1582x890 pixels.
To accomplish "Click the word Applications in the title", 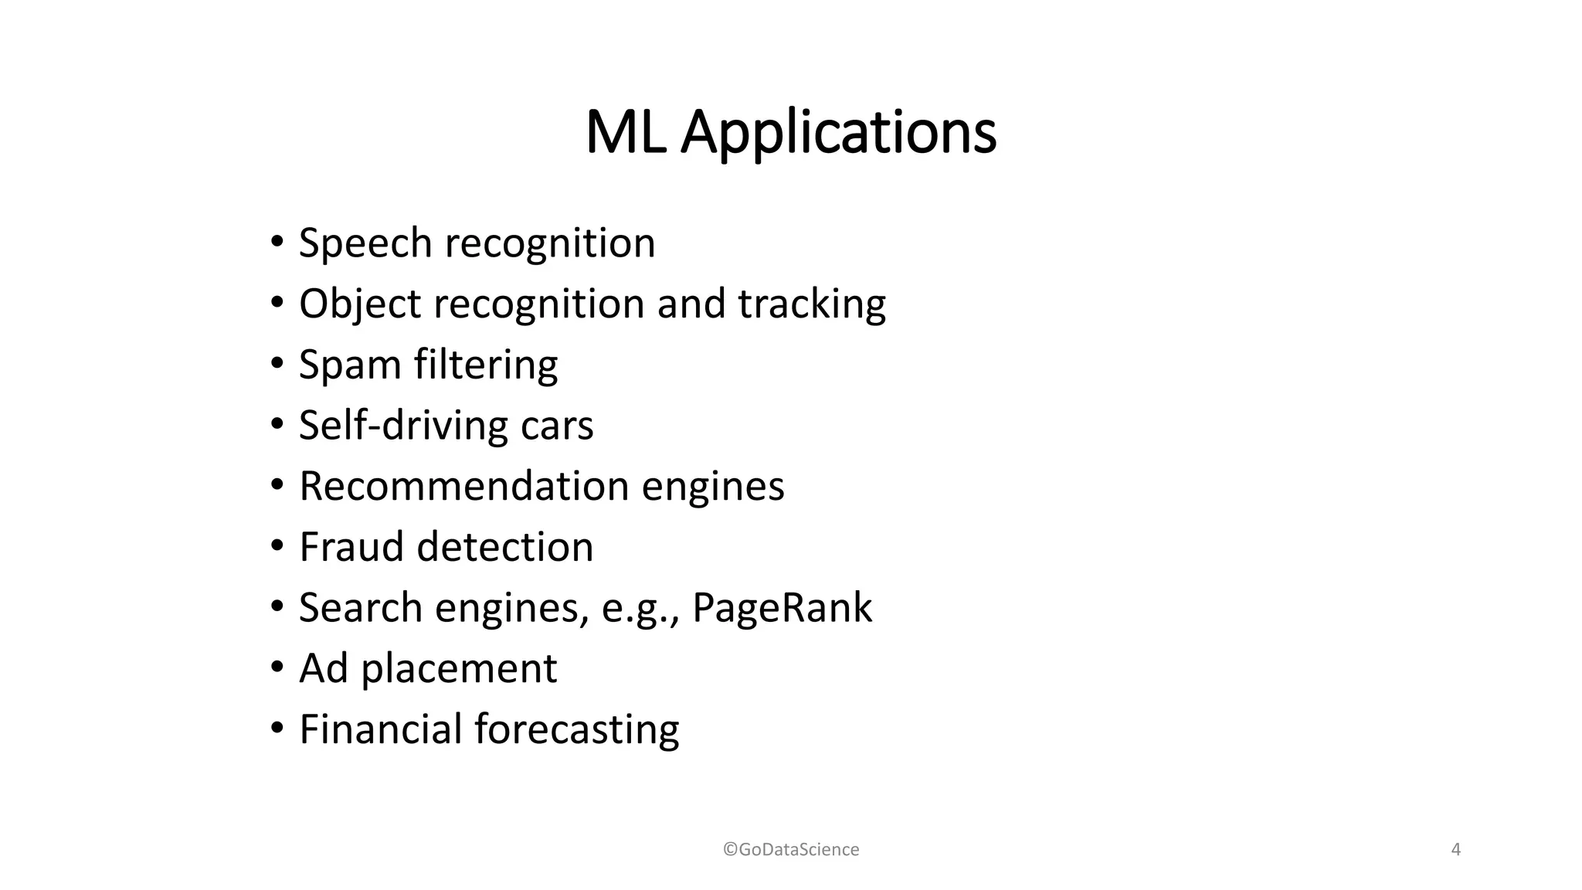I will pos(838,133).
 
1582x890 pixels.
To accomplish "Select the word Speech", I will pos(366,243).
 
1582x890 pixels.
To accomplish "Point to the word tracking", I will pos(812,304).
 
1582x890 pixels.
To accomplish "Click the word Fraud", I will pos(351,547).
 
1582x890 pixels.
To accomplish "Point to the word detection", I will pos(505,547).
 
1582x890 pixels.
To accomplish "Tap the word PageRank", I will pos(782,607).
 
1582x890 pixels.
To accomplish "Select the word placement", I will pos(459,669).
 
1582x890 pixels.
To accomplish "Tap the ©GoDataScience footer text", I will pos(791,850).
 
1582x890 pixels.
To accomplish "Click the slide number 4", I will pos(1456,850).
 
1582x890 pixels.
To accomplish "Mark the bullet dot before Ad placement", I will pos(277,667).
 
